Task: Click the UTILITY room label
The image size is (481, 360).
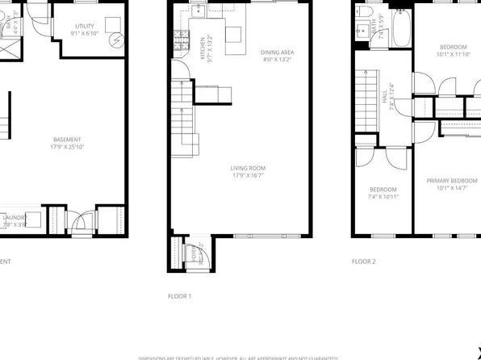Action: click(85, 27)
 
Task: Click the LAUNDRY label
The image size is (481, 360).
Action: click(15, 216)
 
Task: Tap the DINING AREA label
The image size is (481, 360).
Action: click(274, 52)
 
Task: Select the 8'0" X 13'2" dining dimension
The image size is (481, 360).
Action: click(274, 59)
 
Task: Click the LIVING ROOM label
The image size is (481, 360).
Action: click(249, 168)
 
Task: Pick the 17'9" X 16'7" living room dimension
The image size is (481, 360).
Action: click(249, 174)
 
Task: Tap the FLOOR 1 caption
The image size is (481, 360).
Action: click(179, 296)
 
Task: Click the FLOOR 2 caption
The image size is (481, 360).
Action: click(364, 262)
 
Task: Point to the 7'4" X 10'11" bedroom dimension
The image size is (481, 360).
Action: click(383, 196)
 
